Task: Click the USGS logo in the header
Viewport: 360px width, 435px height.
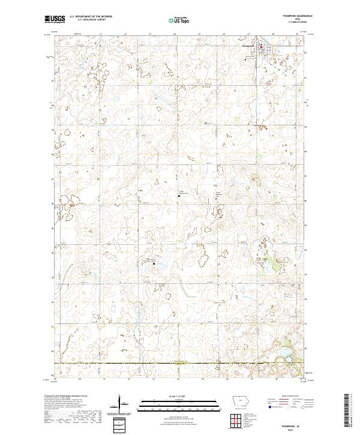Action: [55, 19]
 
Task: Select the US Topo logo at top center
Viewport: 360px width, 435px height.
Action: [179, 20]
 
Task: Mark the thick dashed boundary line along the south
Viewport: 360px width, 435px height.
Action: [180, 364]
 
